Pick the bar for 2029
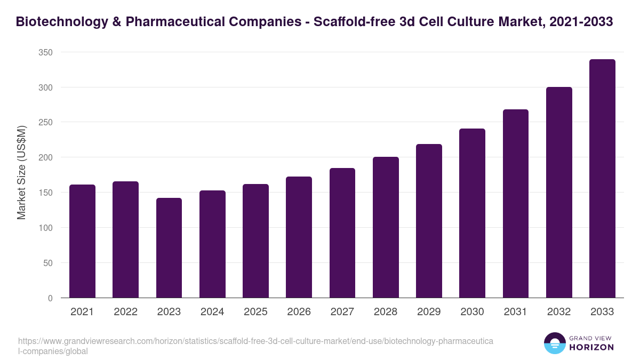pyautogui.click(x=429, y=221)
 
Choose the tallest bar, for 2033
pyautogui.click(x=602, y=179)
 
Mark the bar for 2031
pyautogui.click(x=515, y=204)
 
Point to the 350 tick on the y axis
pyautogui.click(x=46, y=52)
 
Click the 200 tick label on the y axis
pyautogui.click(x=46, y=157)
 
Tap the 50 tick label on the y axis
pyautogui.click(x=48, y=263)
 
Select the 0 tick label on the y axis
pyautogui.click(x=50, y=298)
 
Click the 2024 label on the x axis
pyautogui.click(x=212, y=312)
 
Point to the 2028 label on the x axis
pyautogui.click(x=386, y=312)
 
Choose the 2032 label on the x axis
pyautogui.click(x=559, y=312)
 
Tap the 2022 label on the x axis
pyautogui.click(x=125, y=312)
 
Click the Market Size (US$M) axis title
pyautogui.click(x=21, y=173)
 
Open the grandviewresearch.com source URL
pyautogui.click(x=255, y=346)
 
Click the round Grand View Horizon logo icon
pyautogui.click(x=554, y=343)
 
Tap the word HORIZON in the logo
pyautogui.click(x=592, y=347)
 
